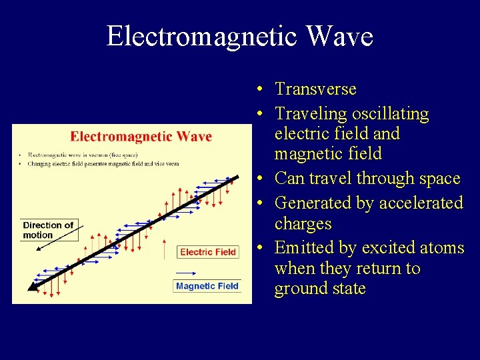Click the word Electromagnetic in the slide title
[x=201, y=36]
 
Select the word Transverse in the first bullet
[x=315, y=89]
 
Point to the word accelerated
[x=417, y=203]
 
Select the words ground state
[x=319, y=289]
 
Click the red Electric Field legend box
[x=208, y=252]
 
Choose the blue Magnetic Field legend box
[x=207, y=286]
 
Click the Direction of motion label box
[x=48, y=230]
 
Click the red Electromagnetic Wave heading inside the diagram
[x=141, y=137]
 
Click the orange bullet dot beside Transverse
[x=262, y=89]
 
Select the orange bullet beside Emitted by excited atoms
[x=262, y=249]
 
